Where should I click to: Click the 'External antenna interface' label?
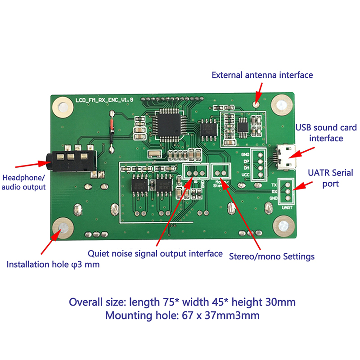262,75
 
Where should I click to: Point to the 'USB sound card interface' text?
319,133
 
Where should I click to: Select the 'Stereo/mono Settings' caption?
272,256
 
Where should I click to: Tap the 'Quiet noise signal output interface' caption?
155,254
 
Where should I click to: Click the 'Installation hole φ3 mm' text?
53,265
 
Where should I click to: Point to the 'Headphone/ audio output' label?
24,181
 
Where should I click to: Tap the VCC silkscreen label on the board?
245,174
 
